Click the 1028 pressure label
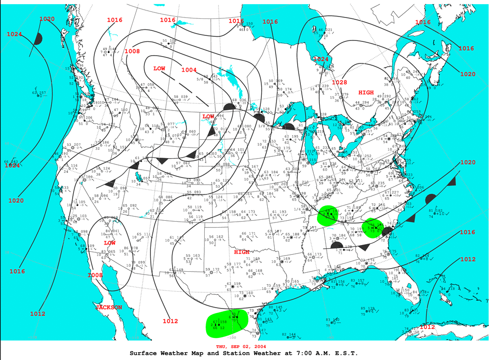(x=339, y=82)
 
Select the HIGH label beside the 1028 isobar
(x=366, y=92)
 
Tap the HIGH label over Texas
(x=242, y=252)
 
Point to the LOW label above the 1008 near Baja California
(x=109, y=242)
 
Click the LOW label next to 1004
(x=159, y=69)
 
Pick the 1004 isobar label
(x=189, y=70)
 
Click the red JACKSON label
(x=109, y=307)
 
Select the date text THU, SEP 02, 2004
(x=241, y=346)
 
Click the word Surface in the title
(x=144, y=353)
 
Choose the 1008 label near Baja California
(x=95, y=275)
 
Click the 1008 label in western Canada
(x=132, y=51)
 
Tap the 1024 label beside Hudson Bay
(x=321, y=59)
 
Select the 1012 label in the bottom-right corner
(x=427, y=327)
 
